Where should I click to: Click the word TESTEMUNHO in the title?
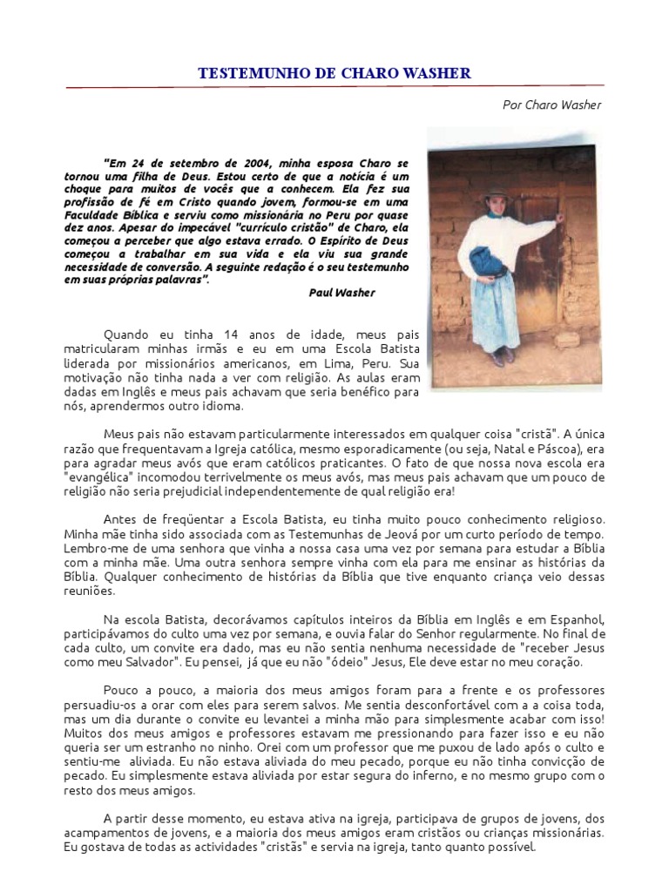(x=249, y=74)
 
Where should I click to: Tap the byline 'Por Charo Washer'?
(x=552, y=105)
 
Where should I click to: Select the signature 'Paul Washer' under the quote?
(x=341, y=293)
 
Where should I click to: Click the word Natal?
(x=490, y=448)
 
